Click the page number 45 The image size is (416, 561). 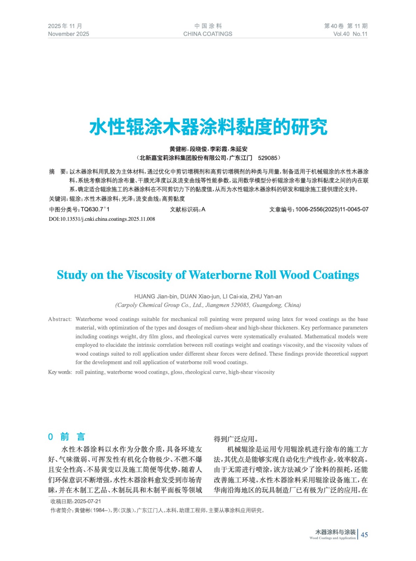coord(364,535)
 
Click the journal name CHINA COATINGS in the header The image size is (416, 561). coord(207,34)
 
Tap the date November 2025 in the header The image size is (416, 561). coord(68,34)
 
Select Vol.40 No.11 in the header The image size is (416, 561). coord(350,34)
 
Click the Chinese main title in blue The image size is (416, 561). coord(208,127)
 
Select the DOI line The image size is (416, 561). coord(102,219)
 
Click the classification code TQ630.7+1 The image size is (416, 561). coord(95,209)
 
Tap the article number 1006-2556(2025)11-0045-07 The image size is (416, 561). coord(332,209)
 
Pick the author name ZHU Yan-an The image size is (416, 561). coord(266,297)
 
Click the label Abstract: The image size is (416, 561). coord(60,319)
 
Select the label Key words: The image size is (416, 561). coord(60,372)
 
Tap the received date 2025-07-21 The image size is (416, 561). coord(88,501)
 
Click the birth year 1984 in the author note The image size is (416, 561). coord(99,511)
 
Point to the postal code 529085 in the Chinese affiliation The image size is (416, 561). coord(267,158)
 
